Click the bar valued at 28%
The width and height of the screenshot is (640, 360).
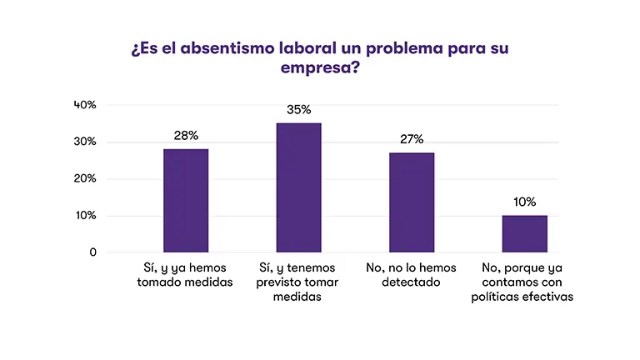(x=186, y=200)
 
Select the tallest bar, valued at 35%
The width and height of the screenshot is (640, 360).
(x=298, y=187)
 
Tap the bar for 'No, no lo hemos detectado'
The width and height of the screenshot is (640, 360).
(x=412, y=202)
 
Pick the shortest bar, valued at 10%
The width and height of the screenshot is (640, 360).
(x=524, y=233)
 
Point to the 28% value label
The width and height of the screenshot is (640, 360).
(x=186, y=135)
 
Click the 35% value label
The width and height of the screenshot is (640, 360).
(x=298, y=109)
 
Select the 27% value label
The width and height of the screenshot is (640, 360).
(x=412, y=138)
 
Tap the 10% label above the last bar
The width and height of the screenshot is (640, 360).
(x=525, y=202)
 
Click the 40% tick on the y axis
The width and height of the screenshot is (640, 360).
(x=85, y=105)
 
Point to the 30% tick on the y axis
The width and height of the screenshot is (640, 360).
(x=85, y=142)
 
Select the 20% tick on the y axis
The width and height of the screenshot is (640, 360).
(x=85, y=178)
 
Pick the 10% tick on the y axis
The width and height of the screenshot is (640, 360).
(x=85, y=216)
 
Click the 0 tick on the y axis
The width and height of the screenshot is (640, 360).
(x=92, y=252)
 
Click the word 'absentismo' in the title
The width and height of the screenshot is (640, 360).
(x=230, y=47)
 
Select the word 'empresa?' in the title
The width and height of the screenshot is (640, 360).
(x=320, y=68)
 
